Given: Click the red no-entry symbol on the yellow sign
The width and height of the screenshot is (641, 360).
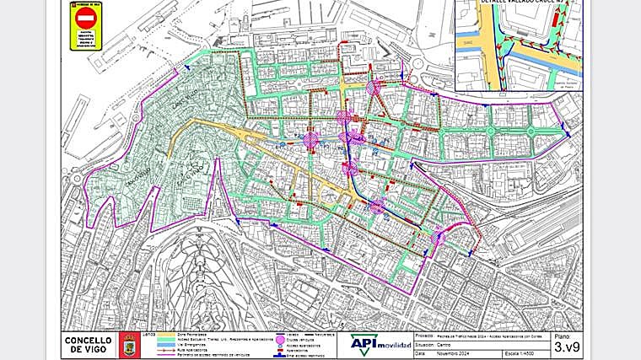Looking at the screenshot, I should coord(86,18).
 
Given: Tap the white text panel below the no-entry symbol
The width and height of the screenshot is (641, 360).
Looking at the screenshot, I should coord(86,38).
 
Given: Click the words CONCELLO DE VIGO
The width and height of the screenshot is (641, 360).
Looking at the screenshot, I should coord(86,344).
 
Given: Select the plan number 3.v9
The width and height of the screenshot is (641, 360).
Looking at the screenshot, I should coord(565,347).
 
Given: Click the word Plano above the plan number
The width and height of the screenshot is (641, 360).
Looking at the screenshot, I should coord(563,336).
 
